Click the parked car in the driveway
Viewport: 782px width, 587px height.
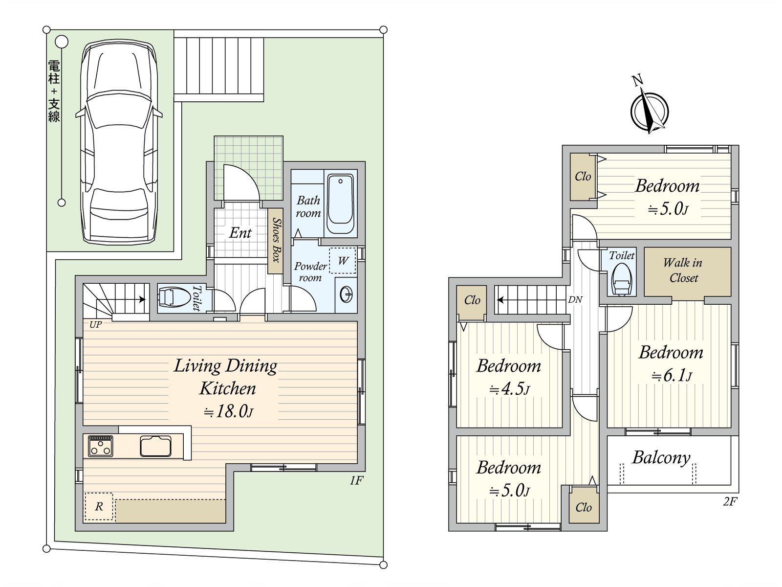[119, 142]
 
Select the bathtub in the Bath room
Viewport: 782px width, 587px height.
[341, 204]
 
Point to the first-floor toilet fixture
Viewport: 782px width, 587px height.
[174, 297]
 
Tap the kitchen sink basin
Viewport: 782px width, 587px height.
[156, 446]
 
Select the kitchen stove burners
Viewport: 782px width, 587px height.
[101, 446]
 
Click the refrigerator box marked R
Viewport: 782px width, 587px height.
[99, 506]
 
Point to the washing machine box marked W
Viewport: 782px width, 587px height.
[343, 261]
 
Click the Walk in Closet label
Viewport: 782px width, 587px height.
[683, 270]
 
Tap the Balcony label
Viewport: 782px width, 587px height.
[661, 458]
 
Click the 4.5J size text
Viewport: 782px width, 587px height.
[510, 389]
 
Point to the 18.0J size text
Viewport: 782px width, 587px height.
[228, 411]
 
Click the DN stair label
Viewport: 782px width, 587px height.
[575, 300]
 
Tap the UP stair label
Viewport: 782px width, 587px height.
[95, 324]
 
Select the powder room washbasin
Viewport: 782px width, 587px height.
[347, 294]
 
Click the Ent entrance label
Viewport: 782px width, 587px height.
[240, 233]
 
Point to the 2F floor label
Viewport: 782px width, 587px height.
[730, 502]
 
